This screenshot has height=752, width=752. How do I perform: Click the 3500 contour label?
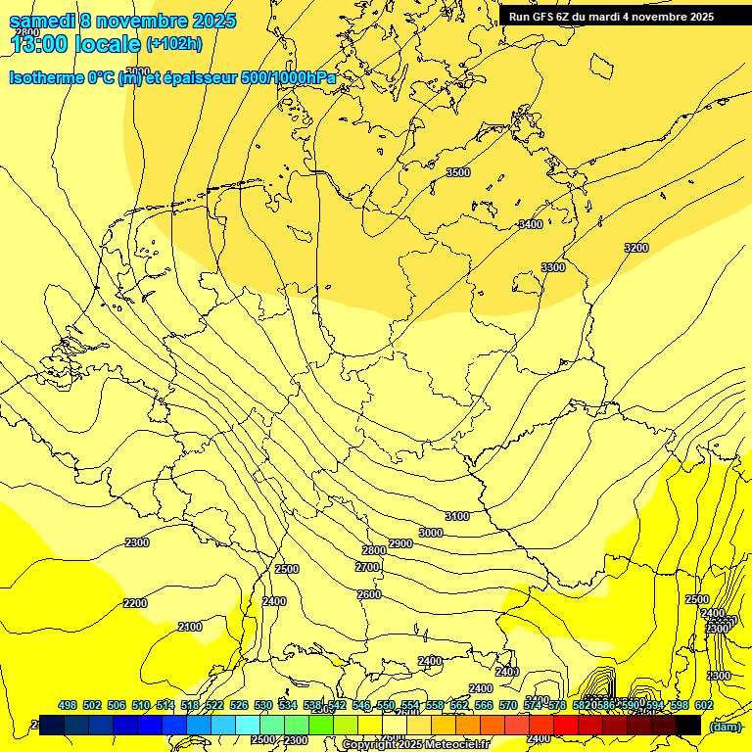tap(457, 172)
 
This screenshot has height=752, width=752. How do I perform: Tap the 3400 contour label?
tap(530, 224)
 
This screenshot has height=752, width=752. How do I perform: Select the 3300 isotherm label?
tap(553, 267)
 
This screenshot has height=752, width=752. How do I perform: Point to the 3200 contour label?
tap(636, 248)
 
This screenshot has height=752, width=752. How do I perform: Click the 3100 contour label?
tap(457, 516)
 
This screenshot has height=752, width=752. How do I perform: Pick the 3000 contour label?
tap(431, 533)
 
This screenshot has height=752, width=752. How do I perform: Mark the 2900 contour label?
tap(400, 543)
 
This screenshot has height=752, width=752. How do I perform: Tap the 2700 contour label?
tap(367, 567)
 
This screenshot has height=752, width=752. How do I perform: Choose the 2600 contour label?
tap(369, 594)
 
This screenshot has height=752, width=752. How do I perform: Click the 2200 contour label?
tap(135, 603)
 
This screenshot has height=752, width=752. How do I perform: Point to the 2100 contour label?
tap(190, 627)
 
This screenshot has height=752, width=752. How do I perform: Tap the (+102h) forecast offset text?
tap(174, 44)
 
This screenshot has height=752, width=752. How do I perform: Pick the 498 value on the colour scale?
tap(68, 705)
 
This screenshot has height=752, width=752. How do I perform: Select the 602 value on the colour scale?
tap(704, 705)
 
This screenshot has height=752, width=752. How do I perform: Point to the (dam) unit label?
tap(726, 726)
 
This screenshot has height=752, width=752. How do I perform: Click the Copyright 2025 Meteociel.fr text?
tap(415, 744)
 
